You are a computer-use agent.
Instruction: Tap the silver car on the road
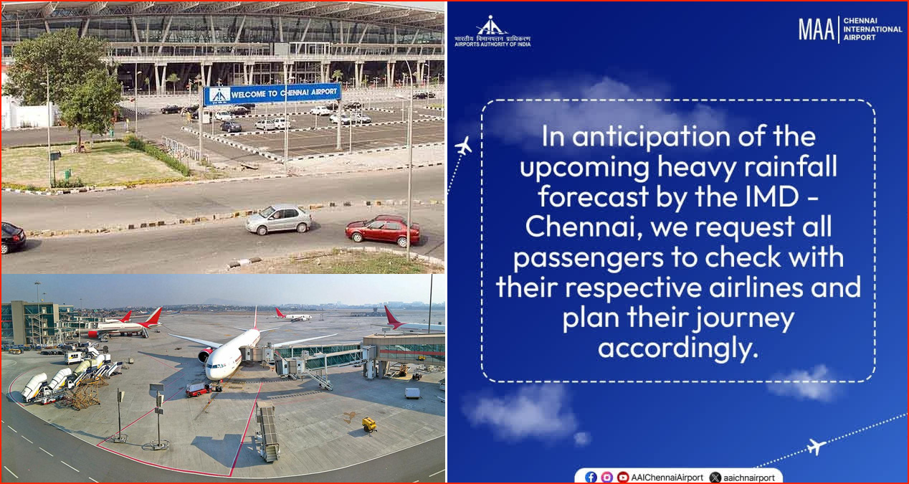pyautogui.click(x=279, y=219)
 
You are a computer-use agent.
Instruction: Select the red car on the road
pyautogui.click(x=383, y=230)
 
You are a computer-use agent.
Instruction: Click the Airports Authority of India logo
pyautogui.click(x=492, y=31)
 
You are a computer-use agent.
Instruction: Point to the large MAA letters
pyautogui.click(x=816, y=29)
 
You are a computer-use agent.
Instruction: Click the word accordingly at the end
pyautogui.click(x=678, y=349)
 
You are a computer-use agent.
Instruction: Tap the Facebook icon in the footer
pyautogui.click(x=591, y=477)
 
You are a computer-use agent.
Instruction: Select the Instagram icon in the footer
pyautogui.click(x=606, y=477)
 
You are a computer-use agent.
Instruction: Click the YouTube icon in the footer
pyautogui.click(x=622, y=477)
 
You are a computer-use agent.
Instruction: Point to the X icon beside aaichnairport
pyautogui.click(x=715, y=478)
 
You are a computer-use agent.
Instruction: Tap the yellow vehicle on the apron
pyautogui.click(x=369, y=424)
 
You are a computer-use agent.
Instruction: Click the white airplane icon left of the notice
pyautogui.click(x=463, y=146)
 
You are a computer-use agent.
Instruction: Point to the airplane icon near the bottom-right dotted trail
pyautogui.click(x=816, y=447)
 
